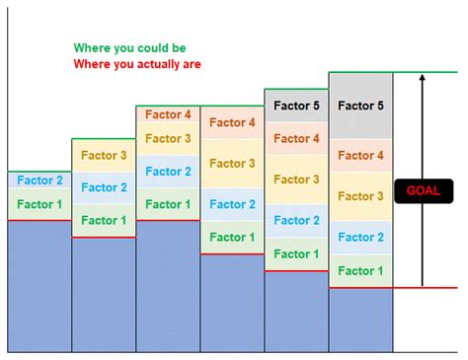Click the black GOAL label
(x=423, y=190)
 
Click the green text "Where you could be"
(x=129, y=47)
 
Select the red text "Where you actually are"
(x=136, y=65)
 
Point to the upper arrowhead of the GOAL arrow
(x=423, y=78)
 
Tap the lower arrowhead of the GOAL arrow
(x=423, y=282)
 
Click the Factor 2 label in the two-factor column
(x=39, y=180)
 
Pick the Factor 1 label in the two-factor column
(x=39, y=204)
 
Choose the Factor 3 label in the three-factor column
(x=103, y=155)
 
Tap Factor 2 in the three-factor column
(x=103, y=187)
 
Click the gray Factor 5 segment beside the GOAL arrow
(x=360, y=106)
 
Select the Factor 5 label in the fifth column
(x=296, y=104)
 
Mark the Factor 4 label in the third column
(x=168, y=114)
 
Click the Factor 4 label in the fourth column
(x=232, y=122)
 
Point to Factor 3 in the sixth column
(x=360, y=196)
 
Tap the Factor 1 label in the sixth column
(x=360, y=270)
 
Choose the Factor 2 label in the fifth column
(x=296, y=221)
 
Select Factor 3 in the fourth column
(x=232, y=163)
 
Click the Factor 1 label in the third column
(x=168, y=204)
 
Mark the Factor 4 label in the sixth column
(x=360, y=155)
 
